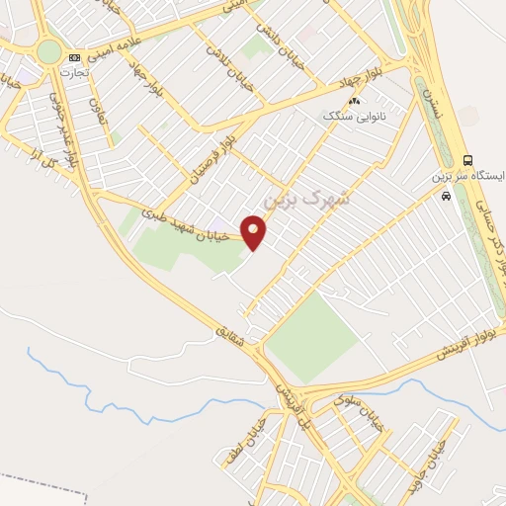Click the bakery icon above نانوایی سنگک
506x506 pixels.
(x=354, y=101)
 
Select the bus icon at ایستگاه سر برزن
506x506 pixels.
(x=467, y=160)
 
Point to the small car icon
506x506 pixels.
(x=447, y=196)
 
